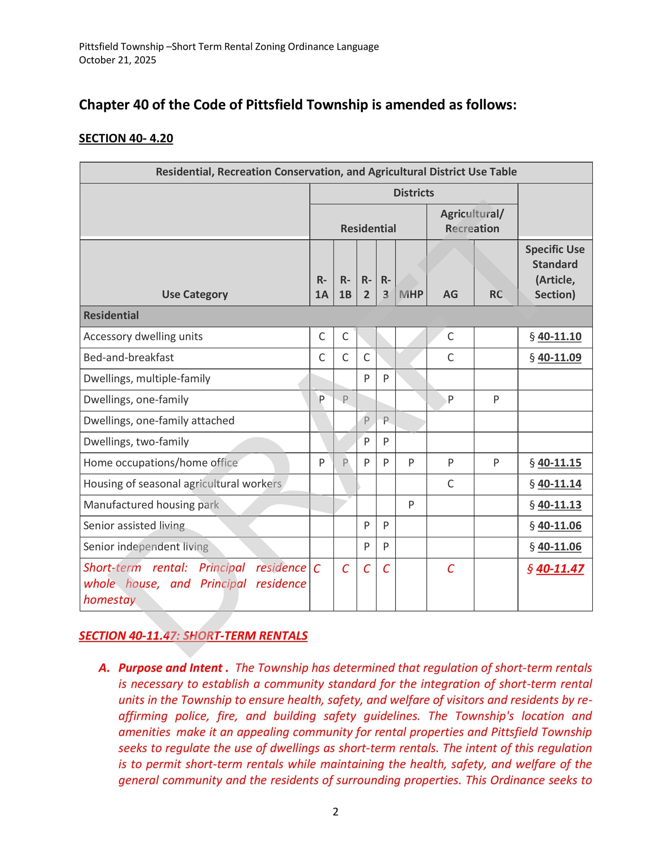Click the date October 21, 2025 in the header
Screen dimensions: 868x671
117,60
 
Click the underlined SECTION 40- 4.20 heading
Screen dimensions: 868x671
125,138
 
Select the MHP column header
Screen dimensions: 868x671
411,294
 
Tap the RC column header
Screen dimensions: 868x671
496,294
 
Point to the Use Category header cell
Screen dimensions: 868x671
195,294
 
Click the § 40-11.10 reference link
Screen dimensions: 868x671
559,337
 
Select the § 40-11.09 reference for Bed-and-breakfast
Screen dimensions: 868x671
559,358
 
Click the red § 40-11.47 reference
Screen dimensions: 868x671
559,569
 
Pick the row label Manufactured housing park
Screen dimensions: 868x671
151,505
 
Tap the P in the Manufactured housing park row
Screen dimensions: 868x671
411,505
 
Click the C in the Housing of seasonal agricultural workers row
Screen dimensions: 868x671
450,484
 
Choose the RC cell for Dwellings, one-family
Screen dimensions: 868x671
496,400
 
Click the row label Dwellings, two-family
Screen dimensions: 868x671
136,442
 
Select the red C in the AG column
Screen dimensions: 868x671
450,569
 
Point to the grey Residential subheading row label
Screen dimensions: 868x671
111,316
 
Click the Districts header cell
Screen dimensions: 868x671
413,193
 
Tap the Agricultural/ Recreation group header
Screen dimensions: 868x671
472,221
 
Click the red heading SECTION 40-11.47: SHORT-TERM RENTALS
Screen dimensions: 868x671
193,636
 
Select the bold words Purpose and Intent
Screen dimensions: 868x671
170,668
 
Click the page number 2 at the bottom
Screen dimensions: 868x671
335,812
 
